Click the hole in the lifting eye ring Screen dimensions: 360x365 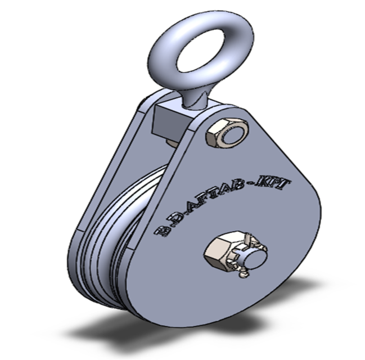(x=195, y=50)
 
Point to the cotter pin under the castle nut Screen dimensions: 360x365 (x=244, y=274)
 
